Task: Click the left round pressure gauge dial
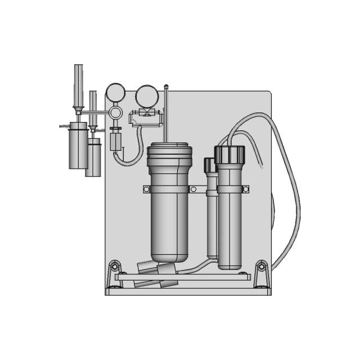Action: click(x=115, y=92)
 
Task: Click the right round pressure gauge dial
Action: click(x=146, y=94)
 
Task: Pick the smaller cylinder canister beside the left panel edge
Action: click(x=93, y=159)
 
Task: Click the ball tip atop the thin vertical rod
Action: click(x=165, y=86)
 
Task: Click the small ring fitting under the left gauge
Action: click(x=115, y=112)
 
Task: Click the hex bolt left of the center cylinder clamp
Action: click(x=147, y=189)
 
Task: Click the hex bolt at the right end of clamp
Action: click(x=245, y=190)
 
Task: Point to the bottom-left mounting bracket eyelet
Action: click(x=115, y=265)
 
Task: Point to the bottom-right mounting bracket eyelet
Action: click(x=261, y=265)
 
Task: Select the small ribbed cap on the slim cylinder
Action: click(x=210, y=165)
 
